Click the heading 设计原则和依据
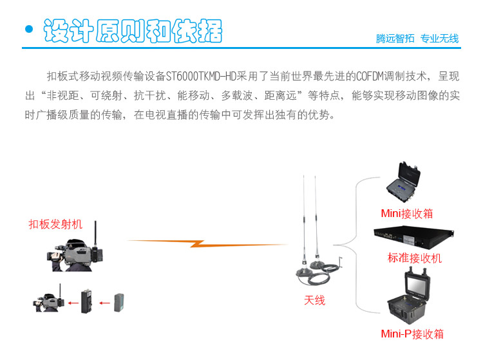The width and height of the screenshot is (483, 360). (132, 30)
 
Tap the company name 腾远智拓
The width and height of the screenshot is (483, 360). (395, 39)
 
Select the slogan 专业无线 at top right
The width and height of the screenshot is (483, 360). (439, 39)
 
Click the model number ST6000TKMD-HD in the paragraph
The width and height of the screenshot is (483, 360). (201, 76)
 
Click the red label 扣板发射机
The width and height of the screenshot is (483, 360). (55, 224)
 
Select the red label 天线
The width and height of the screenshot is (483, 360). (314, 300)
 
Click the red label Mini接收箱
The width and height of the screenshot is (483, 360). (407, 213)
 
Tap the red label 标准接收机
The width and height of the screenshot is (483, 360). (414, 258)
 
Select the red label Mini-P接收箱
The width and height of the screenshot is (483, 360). (412, 334)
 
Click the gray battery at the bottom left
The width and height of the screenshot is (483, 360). (120, 301)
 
